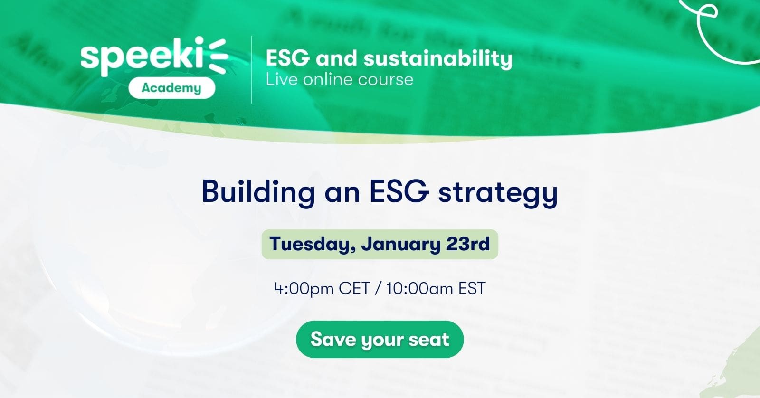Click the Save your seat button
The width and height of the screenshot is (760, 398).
(380, 339)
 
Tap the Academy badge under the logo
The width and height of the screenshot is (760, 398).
(171, 88)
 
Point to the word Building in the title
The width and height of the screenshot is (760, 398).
(258, 192)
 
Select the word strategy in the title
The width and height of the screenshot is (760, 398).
(498, 193)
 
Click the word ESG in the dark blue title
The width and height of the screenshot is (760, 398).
(399, 191)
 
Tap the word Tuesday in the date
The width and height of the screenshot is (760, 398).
(312, 244)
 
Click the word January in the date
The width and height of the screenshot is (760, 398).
(400, 244)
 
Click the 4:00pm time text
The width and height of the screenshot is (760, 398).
(304, 289)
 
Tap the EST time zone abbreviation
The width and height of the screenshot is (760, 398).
(472, 288)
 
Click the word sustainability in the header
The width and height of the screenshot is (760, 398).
(438, 58)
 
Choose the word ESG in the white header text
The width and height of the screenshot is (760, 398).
(288, 58)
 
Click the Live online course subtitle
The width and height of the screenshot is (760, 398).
(339, 80)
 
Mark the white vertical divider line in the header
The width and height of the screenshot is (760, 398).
(251, 69)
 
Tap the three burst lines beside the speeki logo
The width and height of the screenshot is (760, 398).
(217, 56)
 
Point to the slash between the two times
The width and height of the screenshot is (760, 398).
(378, 289)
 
